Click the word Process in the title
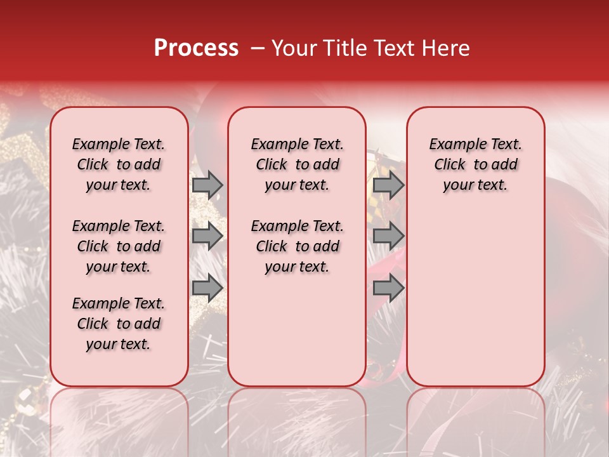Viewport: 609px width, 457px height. click(x=196, y=48)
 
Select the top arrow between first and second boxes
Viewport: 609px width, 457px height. click(x=207, y=185)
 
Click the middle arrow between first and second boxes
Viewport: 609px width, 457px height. click(x=207, y=236)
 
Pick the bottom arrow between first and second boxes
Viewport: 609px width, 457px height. click(x=207, y=288)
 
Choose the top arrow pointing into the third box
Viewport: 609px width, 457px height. click(x=388, y=185)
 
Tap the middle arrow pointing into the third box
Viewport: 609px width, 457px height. click(x=388, y=236)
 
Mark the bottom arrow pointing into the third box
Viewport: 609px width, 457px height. click(x=388, y=288)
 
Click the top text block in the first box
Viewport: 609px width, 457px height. click(x=119, y=164)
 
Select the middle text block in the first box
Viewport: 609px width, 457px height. click(x=119, y=246)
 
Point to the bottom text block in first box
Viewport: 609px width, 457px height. click(x=119, y=324)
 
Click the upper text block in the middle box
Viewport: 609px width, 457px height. click(x=297, y=164)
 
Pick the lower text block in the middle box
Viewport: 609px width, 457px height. click(x=297, y=246)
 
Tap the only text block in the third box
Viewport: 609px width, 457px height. click(x=475, y=164)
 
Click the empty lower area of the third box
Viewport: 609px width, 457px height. click(x=475, y=305)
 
